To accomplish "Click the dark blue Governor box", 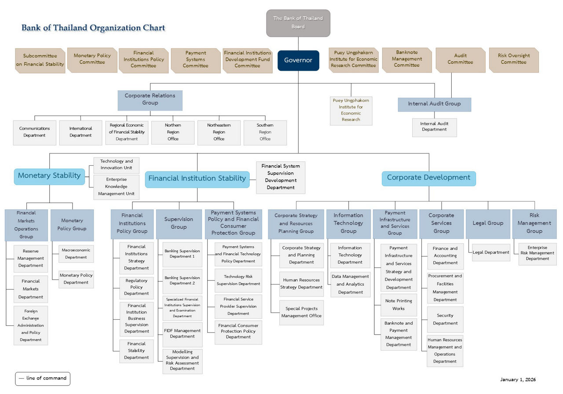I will coord(298,60).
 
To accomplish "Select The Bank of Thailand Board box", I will coord(298,23).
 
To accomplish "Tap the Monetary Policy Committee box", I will coord(92,59).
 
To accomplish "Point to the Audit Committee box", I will coord(461,59).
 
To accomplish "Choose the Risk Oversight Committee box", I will coord(513,59).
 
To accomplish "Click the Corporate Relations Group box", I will coord(150,100).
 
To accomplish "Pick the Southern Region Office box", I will coord(265,132).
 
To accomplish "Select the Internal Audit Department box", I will coord(434,127).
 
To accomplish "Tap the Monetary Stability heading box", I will coord(49,176).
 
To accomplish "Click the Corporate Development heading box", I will coord(428,178).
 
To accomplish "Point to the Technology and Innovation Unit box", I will coord(117,165).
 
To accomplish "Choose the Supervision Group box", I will coord(179,223).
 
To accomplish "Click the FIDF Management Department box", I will coord(183,334).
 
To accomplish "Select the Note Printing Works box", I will coord(398,305).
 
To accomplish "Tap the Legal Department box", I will coord(491,253).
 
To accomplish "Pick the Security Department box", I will coord(445,320).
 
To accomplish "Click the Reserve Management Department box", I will coord(31,259).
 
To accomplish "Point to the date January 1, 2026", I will coord(518,379).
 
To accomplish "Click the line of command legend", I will coord(43,378).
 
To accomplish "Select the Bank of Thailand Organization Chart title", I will coord(93,28).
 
